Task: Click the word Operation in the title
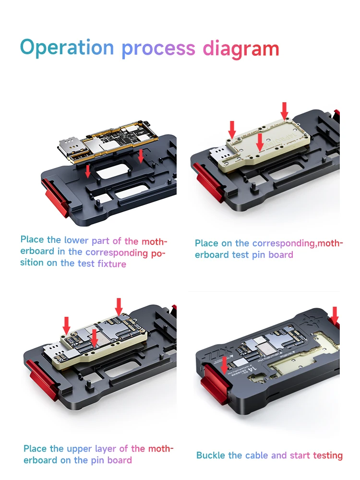(67, 48)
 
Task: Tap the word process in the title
(158, 48)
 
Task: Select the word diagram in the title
(241, 48)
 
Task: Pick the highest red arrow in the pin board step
(285, 110)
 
